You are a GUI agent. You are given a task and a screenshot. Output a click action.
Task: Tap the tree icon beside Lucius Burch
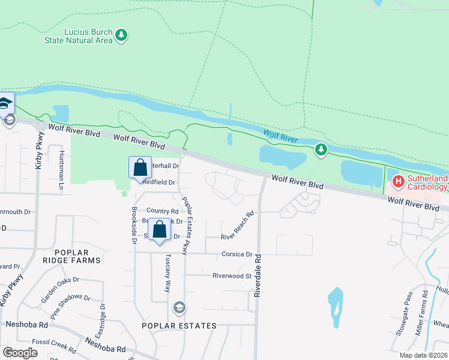point(122,35)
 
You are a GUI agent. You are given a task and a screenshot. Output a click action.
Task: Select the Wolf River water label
point(281,135)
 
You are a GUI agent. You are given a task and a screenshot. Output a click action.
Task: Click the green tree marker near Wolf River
point(321,149)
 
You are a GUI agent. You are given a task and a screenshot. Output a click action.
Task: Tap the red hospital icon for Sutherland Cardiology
point(398,181)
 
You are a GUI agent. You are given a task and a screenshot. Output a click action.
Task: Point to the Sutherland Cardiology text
point(427,182)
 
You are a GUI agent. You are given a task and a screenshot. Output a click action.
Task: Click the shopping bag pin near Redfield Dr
point(140,167)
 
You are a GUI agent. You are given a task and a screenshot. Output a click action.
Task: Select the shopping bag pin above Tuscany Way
point(159,230)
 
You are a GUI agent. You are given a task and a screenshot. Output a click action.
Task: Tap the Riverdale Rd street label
point(258,274)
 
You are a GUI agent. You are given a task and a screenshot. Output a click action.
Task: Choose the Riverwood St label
point(231,276)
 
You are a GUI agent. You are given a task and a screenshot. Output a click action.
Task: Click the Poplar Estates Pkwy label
point(190,225)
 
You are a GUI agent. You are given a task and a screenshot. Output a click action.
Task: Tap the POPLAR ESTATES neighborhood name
point(178,326)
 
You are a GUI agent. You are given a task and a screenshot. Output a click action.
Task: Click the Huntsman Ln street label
point(61,170)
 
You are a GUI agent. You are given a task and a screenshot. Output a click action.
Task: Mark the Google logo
point(20,352)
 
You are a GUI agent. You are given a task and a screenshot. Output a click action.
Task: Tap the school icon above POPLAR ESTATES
point(178,308)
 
